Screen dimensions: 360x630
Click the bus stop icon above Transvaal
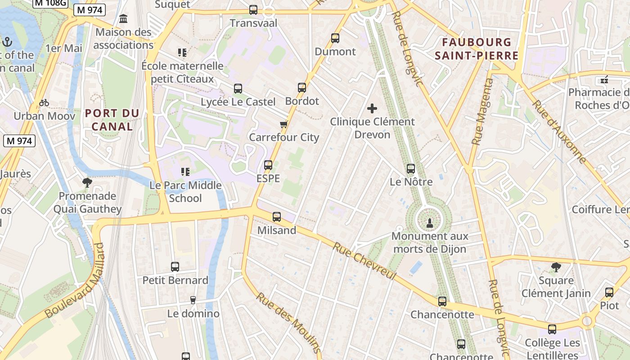tap(253, 9)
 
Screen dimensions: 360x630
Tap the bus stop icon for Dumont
tap(335, 38)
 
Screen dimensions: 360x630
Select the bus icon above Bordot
tap(302, 88)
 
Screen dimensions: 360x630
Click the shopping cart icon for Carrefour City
tap(283, 124)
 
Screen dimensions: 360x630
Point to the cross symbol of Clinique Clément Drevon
tap(372, 108)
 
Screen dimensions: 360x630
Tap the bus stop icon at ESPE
tap(268, 165)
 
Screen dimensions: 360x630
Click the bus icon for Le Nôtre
tap(411, 169)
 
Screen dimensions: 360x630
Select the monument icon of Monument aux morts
tap(429, 222)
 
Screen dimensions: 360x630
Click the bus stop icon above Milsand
tap(277, 217)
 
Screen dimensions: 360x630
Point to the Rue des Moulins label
tap(288, 322)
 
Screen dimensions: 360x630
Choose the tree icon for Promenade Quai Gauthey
tap(87, 183)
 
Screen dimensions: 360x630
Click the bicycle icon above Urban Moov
tap(44, 103)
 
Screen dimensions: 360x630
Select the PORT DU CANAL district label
tap(112, 120)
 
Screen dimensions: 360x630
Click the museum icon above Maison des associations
tap(123, 19)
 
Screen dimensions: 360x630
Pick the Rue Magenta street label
tap(482, 112)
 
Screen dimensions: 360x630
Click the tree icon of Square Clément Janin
tap(556, 267)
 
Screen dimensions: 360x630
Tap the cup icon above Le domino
tap(193, 300)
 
